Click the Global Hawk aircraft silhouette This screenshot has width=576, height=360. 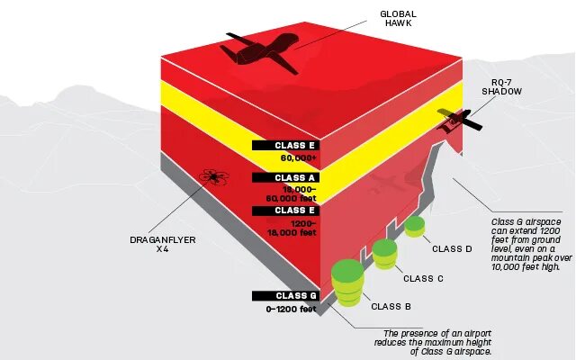262,52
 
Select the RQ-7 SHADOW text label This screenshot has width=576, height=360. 501,86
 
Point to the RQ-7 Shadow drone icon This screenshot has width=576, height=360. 455,121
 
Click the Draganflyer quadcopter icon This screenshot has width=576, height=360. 213,176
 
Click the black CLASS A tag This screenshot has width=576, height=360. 285,178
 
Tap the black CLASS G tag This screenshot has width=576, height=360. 285,295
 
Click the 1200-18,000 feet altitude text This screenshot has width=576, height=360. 291,227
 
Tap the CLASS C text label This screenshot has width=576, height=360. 423,278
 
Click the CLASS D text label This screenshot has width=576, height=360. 452,249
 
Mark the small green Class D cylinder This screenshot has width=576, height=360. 414,226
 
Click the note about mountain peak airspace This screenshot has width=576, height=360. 526,244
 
